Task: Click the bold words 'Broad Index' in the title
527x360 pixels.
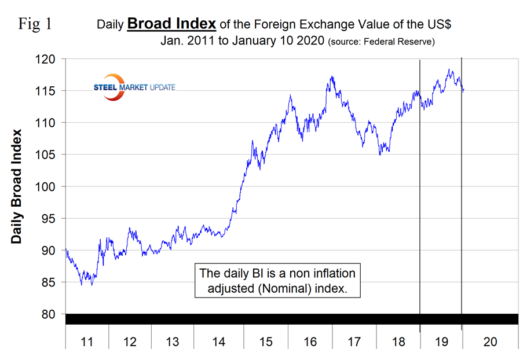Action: click(x=171, y=24)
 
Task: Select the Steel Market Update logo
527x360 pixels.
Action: click(x=134, y=87)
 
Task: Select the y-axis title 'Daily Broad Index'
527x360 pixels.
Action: click(x=17, y=186)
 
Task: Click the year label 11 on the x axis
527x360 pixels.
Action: click(x=86, y=342)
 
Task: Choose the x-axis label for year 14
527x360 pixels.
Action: click(x=218, y=342)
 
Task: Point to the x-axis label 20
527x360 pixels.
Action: click(x=489, y=342)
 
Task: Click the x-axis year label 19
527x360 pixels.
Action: click(x=441, y=342)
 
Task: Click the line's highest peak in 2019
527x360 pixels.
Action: click(x=449, y=70)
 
